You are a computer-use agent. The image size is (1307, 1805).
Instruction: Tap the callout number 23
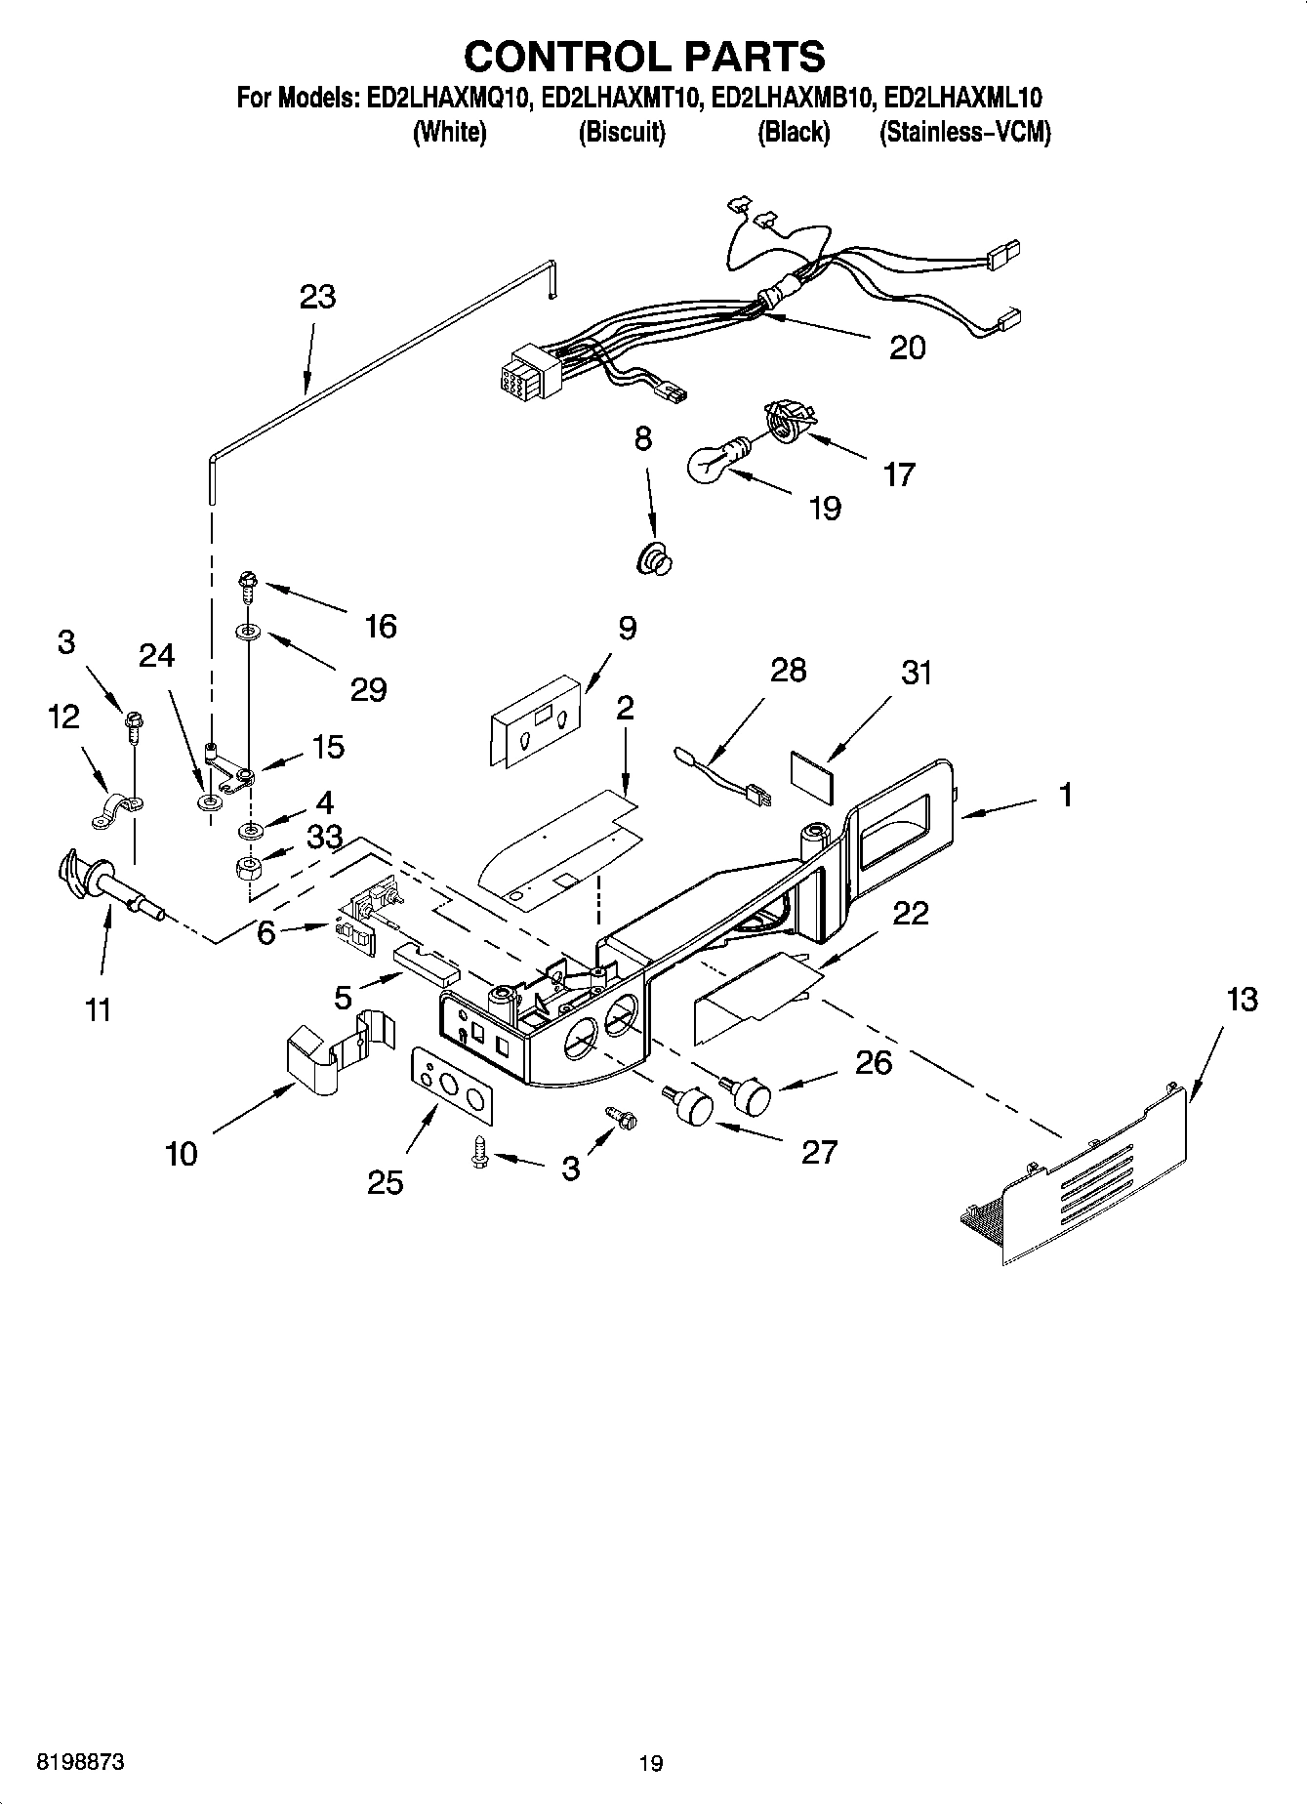point(317,297)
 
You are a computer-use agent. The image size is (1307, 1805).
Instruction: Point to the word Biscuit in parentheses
point(622,132)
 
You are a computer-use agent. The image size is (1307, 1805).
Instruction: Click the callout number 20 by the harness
point(907,348)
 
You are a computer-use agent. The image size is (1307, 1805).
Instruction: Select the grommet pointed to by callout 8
point(656,560)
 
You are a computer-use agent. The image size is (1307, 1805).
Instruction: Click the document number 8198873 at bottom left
point(81,1763)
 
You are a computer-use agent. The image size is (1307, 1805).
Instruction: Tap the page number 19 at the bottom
point(651,1763)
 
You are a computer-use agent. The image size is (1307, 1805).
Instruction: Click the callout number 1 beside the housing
point(1066,795)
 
